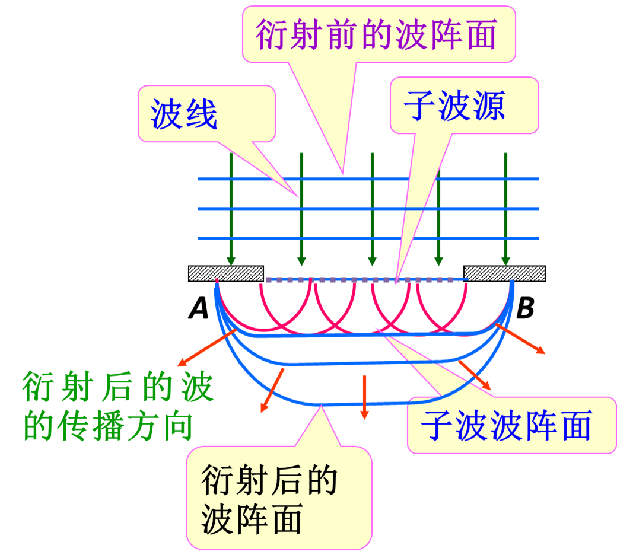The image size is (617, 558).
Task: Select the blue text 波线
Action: click(x=184, y=114)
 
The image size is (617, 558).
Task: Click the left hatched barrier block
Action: click(x=225, y=273)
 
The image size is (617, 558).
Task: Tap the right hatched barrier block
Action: click(x=504, y=273)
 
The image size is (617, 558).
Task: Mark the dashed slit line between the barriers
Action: click(x=363, y=279)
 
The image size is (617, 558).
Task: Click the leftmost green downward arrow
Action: click(x=231, y=208)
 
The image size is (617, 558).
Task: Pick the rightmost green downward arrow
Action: click(x=505, y=208)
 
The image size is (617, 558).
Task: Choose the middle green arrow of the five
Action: click(x=372, y=208)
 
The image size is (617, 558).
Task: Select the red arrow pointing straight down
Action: click(x=364, y=397)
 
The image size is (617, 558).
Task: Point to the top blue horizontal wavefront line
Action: click(x=368, y=178)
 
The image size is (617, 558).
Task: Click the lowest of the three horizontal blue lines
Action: click(x=368, y=238)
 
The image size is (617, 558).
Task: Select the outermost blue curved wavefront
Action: click(x=320, y=404)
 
